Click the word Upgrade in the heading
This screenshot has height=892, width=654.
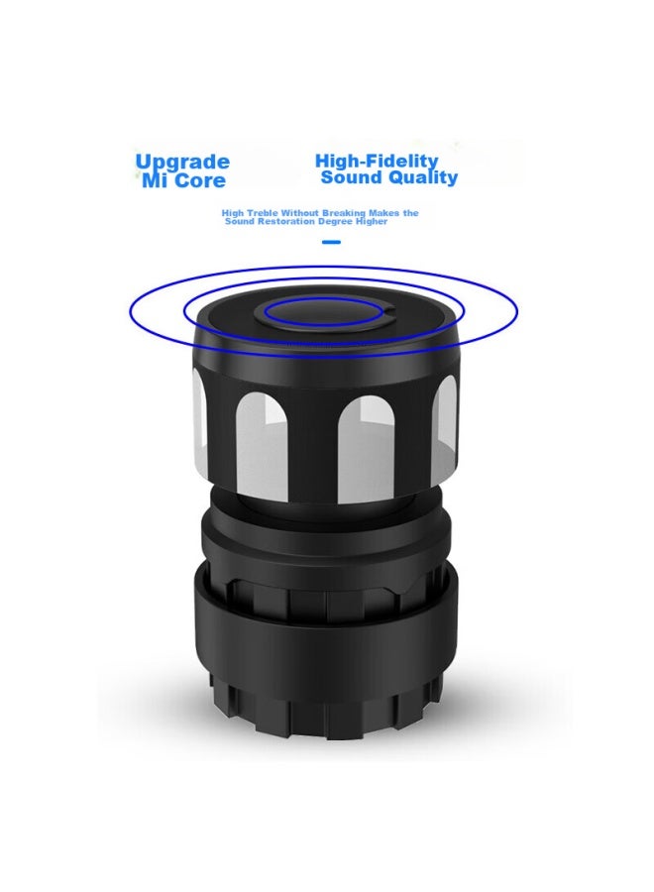tap(182, 163)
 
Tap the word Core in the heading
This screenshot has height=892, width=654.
tap(200, 181)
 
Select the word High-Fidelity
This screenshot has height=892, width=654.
tap(378, 161)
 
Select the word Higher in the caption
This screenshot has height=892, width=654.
tap(372, 221)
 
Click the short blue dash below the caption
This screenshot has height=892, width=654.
tap(331, 243)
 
